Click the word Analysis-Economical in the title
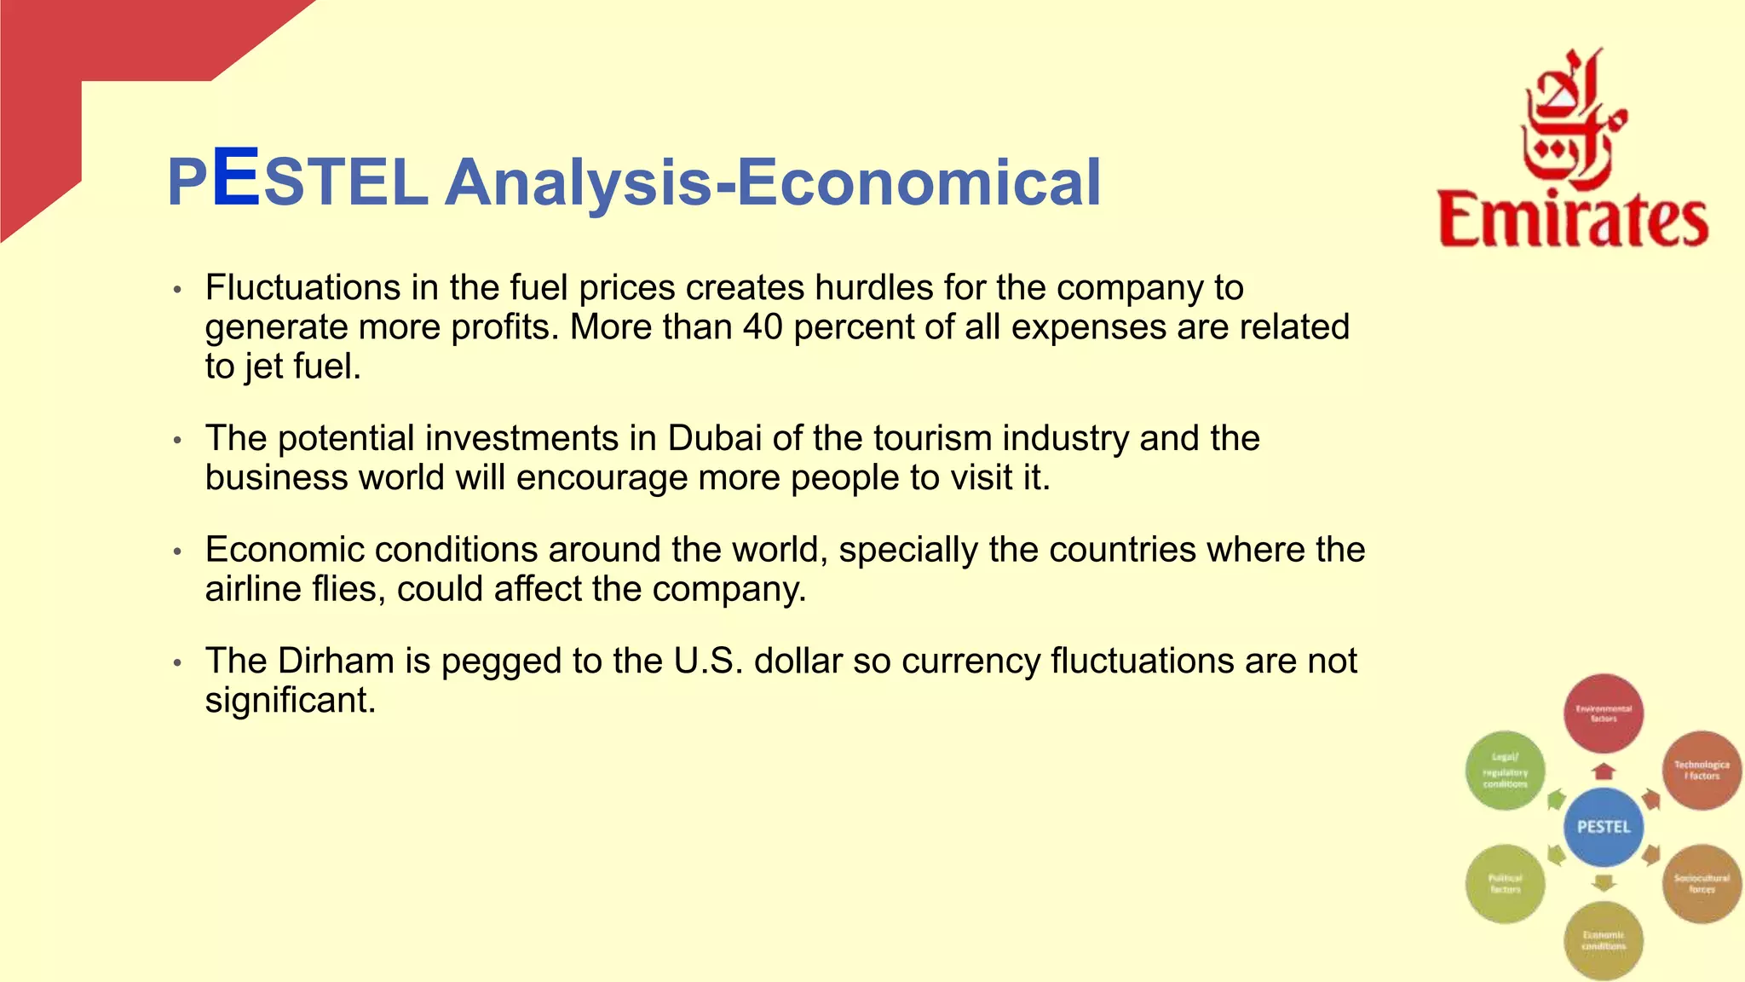(x=773, y=182)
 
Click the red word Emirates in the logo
(x=1573, y=220)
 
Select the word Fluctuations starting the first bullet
(x=302, y=288)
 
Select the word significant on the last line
(x=290, y=701)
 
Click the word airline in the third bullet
(x=248, y=589)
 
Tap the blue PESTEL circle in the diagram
(x=1604, y=827)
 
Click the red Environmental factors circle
(x=1604, y=713)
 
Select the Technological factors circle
(x=1702, y=771)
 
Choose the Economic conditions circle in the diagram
(x=1604, y=940)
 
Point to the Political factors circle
(x=1506, y=884)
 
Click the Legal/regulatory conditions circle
(x=1506, y=771)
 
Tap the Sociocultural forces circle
(x=1702, y=884)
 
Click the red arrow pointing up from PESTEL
(x=1604, y=771)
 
